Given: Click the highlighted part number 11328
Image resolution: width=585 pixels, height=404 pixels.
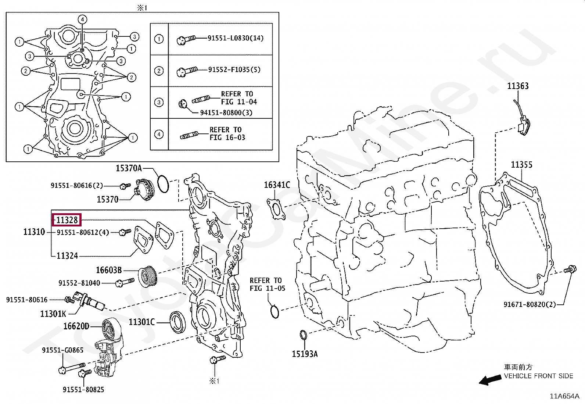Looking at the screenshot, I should (x=67, y=220).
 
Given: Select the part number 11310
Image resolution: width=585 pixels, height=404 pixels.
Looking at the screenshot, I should (x=34, y=232).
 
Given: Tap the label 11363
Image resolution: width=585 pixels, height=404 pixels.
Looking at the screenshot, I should (x=518, y=86).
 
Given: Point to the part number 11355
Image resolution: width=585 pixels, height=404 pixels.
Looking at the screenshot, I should (x=521, y=165).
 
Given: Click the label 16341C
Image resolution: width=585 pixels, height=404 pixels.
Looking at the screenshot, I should (x=277, y=185).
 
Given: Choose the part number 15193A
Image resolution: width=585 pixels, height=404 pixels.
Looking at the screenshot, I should (x=305, y=354).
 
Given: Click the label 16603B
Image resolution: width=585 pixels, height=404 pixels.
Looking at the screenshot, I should (x=109, y=270).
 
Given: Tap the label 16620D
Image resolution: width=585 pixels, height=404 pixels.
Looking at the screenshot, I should (x=76, y=326).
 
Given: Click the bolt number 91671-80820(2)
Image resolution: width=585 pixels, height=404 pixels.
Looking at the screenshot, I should (x=530, y=304).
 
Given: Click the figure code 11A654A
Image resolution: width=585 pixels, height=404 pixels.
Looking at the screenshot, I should (x=564, y=396).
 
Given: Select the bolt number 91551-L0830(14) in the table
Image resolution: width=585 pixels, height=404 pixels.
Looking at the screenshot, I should (x=235, y=38).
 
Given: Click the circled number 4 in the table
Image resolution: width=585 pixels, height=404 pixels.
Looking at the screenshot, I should (x=159, y=134).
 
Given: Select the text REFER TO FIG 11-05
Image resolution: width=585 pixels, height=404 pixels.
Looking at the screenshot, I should (x=267, y=284).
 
